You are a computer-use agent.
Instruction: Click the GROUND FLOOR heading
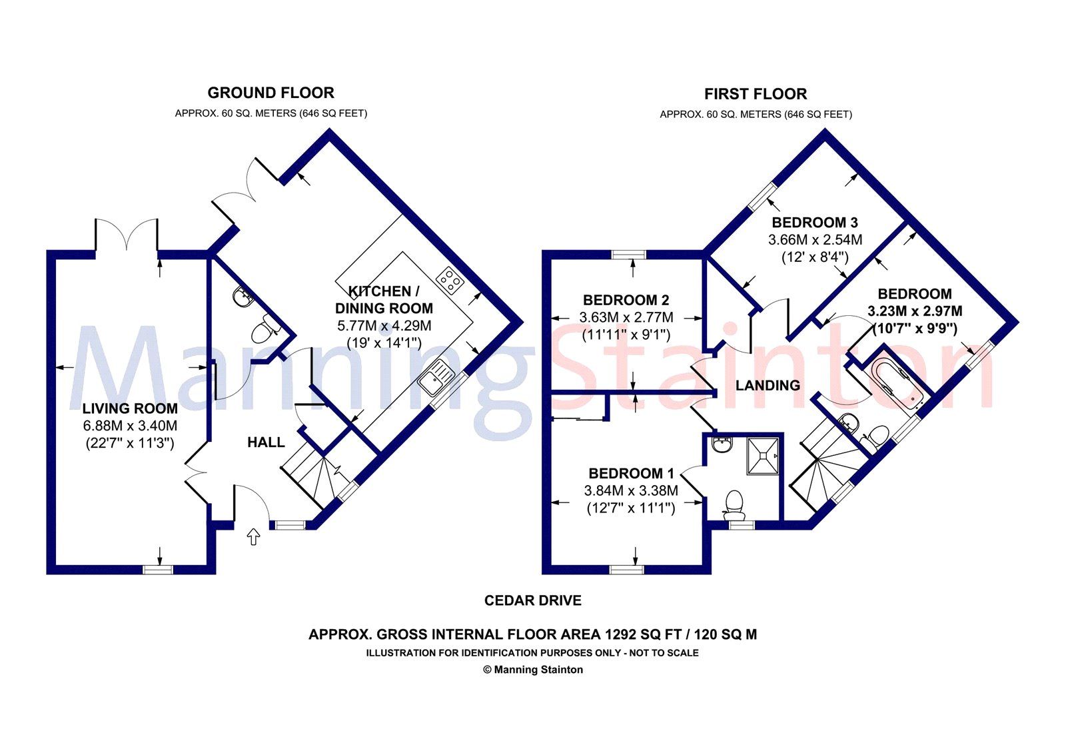[x=270, y=93]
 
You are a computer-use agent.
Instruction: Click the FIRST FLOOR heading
[x=756, y=94]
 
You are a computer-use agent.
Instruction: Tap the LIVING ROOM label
[x=130, y=408]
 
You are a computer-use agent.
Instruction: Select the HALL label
[x=266, y=442]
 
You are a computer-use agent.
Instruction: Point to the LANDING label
[x=768, y=385]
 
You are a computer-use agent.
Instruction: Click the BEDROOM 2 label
[x=626, y=300]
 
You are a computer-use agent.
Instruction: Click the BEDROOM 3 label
[x=814, y=223]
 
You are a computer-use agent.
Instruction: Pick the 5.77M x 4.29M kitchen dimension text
[x=384, y=326]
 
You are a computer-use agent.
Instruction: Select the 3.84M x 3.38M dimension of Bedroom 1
[x=631, y=491]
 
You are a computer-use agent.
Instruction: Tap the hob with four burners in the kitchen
[x=450, y=280]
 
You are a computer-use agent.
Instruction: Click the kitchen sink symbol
[x=436, y=376]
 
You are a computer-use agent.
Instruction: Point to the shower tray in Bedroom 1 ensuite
[x=763, y=455]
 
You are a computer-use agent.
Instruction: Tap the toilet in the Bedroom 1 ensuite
[x=734, y=504]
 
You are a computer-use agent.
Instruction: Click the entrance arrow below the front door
[x=253, y=537]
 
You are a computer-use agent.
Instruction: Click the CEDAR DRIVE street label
[x=532, y=600]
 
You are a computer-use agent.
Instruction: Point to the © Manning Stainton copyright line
[x=532, y=670]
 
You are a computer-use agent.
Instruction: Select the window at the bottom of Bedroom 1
[x=627, y=569]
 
